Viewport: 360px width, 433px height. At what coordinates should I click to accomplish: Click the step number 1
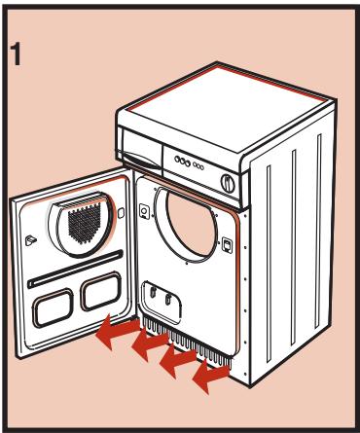pos(16,55)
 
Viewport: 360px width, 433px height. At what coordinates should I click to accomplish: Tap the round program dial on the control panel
pos(228,183)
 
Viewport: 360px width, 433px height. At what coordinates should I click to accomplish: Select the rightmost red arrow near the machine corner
pos(211,376)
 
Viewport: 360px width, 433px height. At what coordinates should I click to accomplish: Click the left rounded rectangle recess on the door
pos(53,308)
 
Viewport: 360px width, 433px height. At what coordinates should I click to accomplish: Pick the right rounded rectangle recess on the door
pos(101,291)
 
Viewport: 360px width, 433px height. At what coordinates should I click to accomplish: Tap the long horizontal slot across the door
pos(75,269)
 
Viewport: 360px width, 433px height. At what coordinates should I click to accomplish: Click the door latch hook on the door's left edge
pos(30,240)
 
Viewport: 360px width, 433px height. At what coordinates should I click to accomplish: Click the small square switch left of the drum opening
pos(144,211)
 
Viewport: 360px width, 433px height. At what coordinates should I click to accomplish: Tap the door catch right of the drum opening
pos(227,244)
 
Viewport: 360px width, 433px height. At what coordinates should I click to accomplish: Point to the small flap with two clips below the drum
pos(162,302)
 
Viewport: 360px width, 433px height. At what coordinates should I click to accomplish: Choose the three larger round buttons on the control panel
pos(182,161)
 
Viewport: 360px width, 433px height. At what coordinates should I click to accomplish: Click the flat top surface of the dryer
pos(228,106)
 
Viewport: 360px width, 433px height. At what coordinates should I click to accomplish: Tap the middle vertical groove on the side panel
pos(294,247)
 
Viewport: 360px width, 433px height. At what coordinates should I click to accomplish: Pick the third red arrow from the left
pos(178,359)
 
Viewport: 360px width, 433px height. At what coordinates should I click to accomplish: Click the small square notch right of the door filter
pos(121,213)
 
